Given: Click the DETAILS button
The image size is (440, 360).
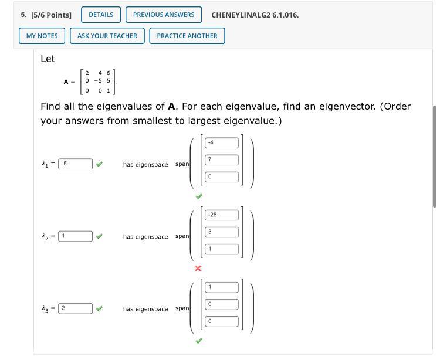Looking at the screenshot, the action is click(101, 15).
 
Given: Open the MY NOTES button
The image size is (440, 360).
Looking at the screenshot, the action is click(42, 36).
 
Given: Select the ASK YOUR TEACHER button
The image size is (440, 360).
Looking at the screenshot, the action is click(107, 36).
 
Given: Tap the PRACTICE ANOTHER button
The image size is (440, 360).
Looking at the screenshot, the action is click(187, 36).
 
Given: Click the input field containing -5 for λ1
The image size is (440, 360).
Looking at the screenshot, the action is click(75, 164).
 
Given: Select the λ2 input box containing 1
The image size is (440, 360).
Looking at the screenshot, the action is click(75, 236).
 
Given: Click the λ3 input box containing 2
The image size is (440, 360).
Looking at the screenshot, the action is click(75, 308).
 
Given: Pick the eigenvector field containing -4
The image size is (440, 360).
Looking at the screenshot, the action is click(222, 142).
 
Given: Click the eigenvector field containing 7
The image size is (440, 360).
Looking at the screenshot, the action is click(222, 159).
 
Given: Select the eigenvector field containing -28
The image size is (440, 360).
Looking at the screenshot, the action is click(222, 215).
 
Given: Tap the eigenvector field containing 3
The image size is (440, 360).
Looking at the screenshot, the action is click(222, 232).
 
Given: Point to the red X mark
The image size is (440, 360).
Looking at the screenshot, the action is click(198, 269).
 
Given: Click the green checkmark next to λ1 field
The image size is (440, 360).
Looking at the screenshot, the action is click(100, 164).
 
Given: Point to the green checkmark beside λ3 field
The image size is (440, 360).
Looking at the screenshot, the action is click(100, 308).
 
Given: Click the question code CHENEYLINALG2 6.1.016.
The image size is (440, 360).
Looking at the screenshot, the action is click(255, 15).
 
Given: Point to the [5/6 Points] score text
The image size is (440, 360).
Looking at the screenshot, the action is click(51, 15).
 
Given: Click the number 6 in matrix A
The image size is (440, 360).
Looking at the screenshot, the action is click(109, 73).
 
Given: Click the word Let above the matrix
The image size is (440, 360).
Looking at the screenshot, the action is click(48, 59).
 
